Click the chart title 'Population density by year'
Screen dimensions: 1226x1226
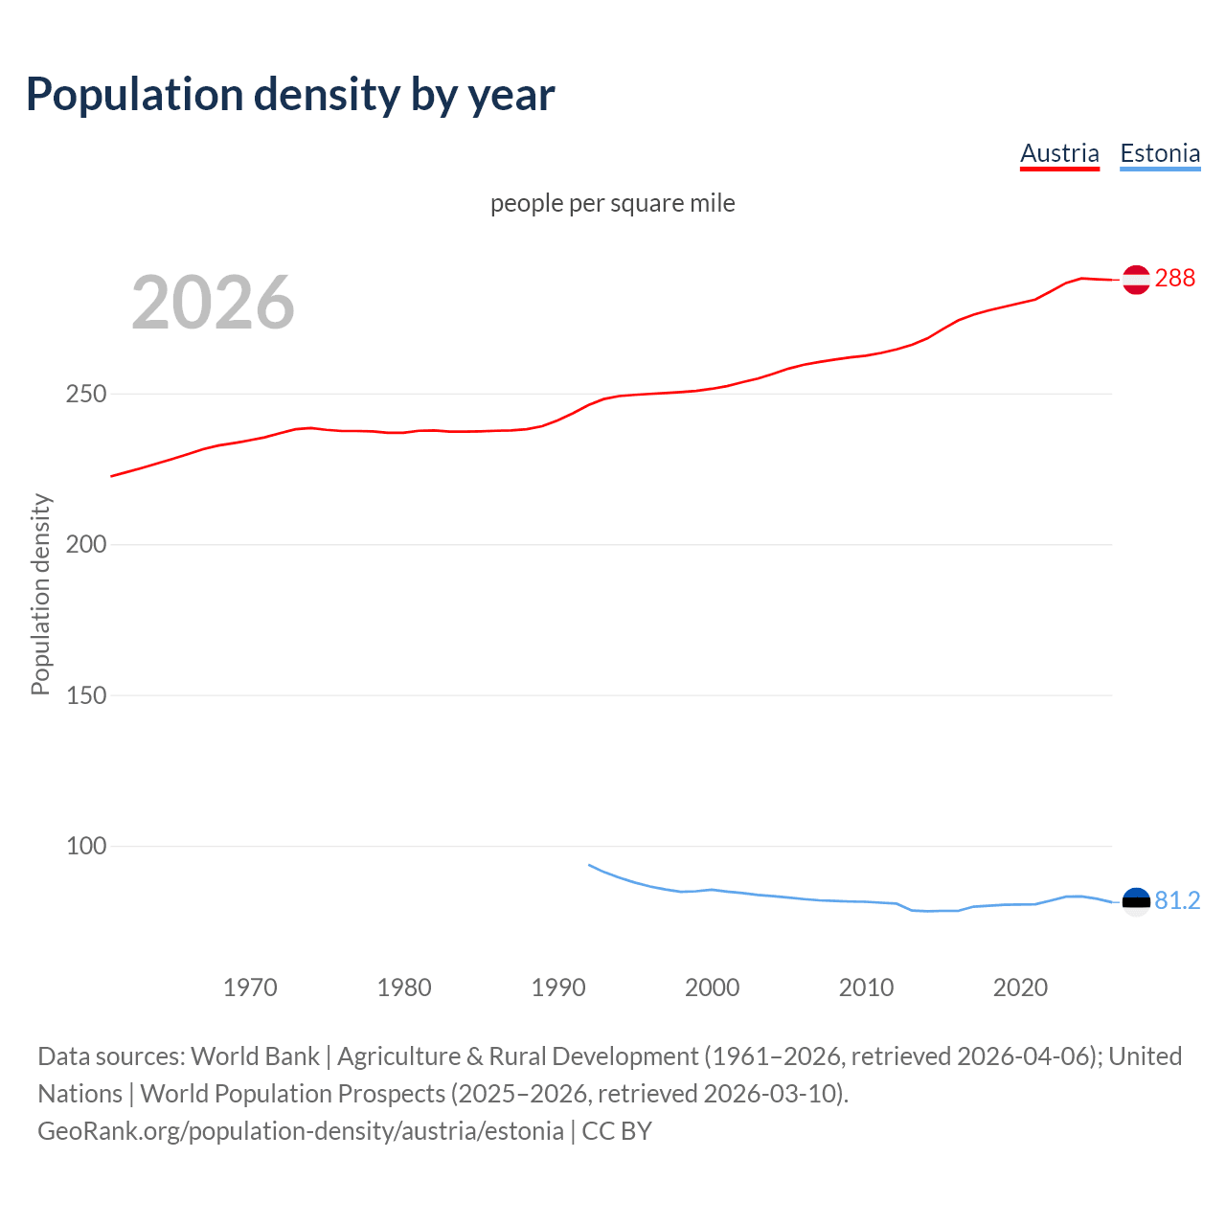pyautogui.click(x=290, y=95)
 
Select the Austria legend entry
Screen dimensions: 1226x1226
pyautogui.click(x=1059, y=153)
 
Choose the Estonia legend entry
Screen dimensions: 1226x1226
pyautogui.click(x=1160, y=153)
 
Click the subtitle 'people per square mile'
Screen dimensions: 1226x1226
pyautogui.click(x=613, y=204)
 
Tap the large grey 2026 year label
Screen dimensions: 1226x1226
pyautogui.click(x=213, y=303)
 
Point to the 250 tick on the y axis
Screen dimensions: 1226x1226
pyautogui.click(x=86, y=395)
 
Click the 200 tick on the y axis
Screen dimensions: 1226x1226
pyautogui.click(x=86, y=545)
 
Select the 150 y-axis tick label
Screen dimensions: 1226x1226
pyautogui.click(x=86, y=695)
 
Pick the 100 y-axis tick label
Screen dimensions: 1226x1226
pyautogui.click(x=86, y=847)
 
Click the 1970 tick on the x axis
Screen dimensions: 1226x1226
pyautogui.click(x=250, y=988)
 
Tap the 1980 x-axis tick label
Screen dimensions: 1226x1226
pyautogui.click(x=404, y=988)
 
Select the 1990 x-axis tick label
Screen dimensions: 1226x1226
pyautogui.click(x=558, y=988)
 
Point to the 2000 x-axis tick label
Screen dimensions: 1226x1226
pyautogui.click(x=713, y=988)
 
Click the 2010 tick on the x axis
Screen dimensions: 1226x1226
pyautogui.click(x=867, y=988)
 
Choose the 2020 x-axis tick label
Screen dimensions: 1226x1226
pyautogui.click(x=1021, y=988)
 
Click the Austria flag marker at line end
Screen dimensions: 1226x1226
pyautogui.click(x=1136, y=280)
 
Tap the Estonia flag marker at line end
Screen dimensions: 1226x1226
pyautogui.click(x=1136, y=902)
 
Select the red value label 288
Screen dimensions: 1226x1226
pyautogui.click(x=1175, y=279)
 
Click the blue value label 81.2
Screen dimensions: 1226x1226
pyautogui.click(x=1177, y=901)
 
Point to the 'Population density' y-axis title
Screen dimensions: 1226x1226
pyautogui.click(x=40, y=594)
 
